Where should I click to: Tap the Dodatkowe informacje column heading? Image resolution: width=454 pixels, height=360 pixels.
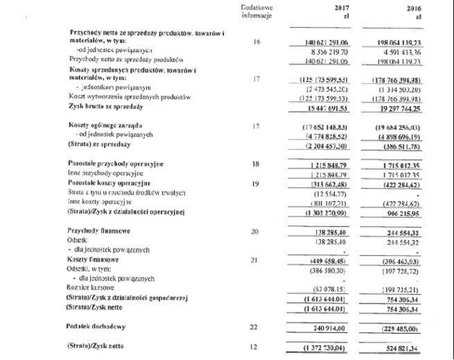(x=256, y=11)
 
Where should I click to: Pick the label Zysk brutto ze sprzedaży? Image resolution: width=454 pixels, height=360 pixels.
(x=106, y=107)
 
